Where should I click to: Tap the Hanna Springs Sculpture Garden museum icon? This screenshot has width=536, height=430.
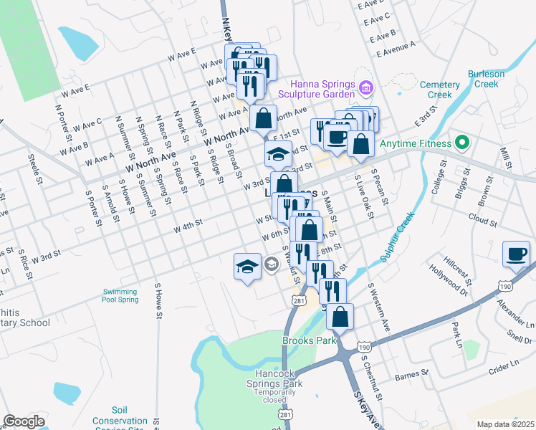tap(366, 87)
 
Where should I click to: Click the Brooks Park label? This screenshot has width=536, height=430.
tap(310, 341)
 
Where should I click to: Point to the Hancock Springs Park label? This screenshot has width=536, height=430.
tap(279, 378)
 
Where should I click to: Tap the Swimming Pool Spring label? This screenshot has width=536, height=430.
tap(120, 295)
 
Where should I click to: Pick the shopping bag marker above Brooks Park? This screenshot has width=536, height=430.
tap(341, 316)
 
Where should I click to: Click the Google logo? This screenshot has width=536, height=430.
tap(24, 421)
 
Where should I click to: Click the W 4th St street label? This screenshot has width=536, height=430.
tap(189, 225)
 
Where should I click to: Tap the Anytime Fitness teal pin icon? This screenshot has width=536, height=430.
tap(462, 142)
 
